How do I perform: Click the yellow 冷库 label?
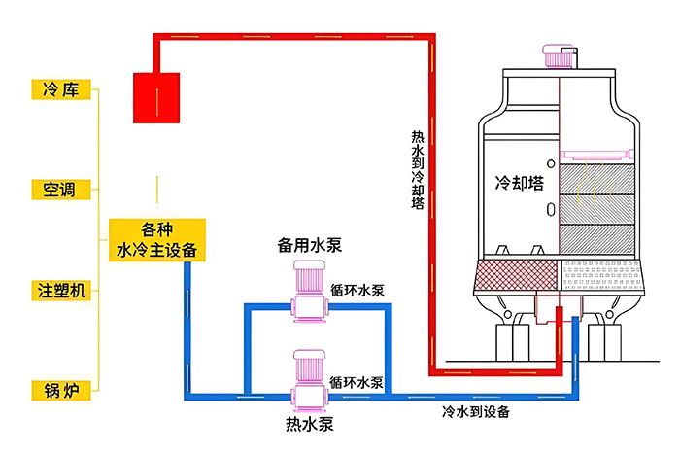tap(61, 89)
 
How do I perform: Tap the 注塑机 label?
tap(61, 290)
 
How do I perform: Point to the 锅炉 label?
tap(61, 390)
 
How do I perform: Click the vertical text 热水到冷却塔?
tap(418, 170)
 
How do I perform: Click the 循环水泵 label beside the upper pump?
tap(357, 289)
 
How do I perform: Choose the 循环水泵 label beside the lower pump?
tap(357, 382)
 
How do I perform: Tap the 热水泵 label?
tap(309, 425)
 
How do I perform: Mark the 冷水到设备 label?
tap(476, 411)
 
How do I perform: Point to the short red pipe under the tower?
tap(560, 326)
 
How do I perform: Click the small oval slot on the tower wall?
tap(550, 209)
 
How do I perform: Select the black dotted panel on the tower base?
tap(602, 276)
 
